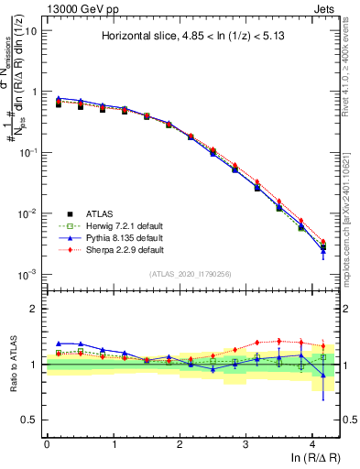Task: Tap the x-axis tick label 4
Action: (312, 442)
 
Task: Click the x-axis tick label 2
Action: (180, 442)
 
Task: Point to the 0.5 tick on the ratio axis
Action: (28, 420)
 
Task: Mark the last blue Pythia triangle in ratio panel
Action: (322, 375)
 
